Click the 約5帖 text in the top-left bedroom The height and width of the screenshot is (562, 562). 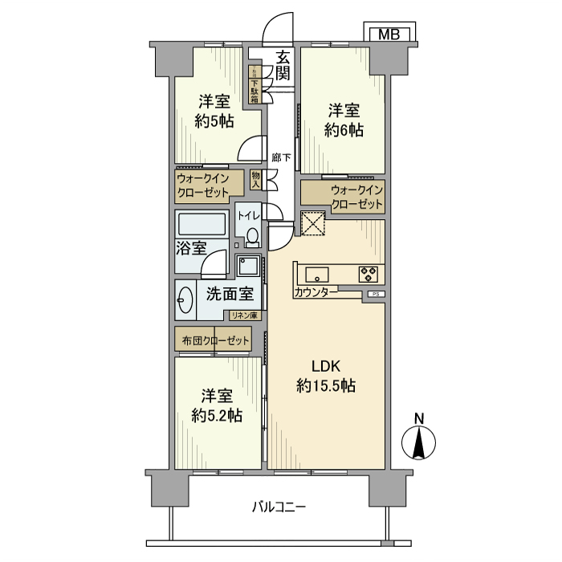214,122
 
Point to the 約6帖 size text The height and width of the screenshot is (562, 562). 344,130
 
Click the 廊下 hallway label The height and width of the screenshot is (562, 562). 280,158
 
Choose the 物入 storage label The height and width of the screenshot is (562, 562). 256,179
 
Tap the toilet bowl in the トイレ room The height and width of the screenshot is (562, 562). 252,236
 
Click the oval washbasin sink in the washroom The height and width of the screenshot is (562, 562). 185,300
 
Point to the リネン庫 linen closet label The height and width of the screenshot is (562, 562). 244,316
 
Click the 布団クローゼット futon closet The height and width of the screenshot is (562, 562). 214,340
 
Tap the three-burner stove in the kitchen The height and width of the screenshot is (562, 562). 369,273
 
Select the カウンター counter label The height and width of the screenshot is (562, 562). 316,293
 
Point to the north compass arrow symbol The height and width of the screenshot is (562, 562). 418,440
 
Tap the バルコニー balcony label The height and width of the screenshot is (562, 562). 279,507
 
